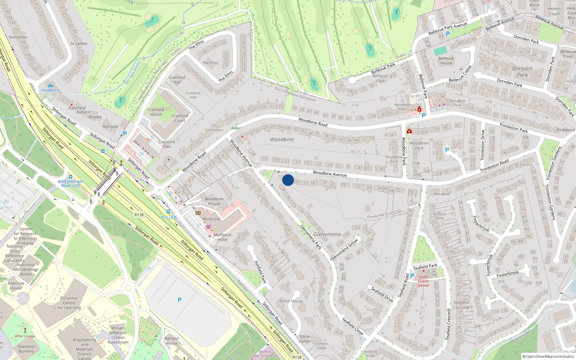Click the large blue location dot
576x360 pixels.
click(x=288, y=180)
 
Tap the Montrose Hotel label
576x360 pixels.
click(x=222, y=237)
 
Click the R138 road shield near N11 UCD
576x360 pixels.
click(x=139, y=215)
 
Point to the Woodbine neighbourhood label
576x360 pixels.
click(x=282, y=139)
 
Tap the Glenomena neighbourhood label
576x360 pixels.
click(x=327, y=234)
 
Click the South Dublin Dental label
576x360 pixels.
click(x=423, y=281)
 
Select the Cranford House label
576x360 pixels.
click(x=156, y=112)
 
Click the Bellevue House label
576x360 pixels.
click(x=446, y=60)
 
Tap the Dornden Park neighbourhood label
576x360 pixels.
click(x=522, y=72)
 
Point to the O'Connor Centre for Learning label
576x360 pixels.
click(x=69, y=303)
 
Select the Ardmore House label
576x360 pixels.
click(x=16, y=285)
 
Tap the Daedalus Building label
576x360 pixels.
click(x=27, y=349)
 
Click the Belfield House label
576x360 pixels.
click(x=171, y=341)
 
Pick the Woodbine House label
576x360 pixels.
click(x=214, y=201)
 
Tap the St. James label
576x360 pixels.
click(x=79, y=44)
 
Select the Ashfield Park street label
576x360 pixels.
click(x=260, y=272)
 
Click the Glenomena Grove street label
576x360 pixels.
click(x=344, y=249)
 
